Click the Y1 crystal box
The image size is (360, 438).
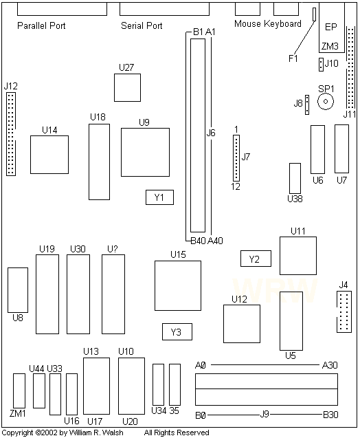point(159,197)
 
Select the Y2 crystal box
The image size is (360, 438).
point(255,259)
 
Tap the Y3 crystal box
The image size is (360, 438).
point(177,332)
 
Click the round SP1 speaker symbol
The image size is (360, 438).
point(325,101)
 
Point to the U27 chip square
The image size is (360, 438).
point(127,87)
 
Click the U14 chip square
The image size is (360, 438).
point(49,155)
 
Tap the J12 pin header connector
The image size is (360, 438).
point(11,133)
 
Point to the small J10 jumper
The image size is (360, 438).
point(321,65)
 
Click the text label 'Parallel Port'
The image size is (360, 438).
point(41,25)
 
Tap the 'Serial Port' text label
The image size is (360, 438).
point(142,26)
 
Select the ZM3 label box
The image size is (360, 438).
point(330,47)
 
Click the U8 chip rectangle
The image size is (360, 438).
point(17,289)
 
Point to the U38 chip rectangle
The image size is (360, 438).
point(295,178)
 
